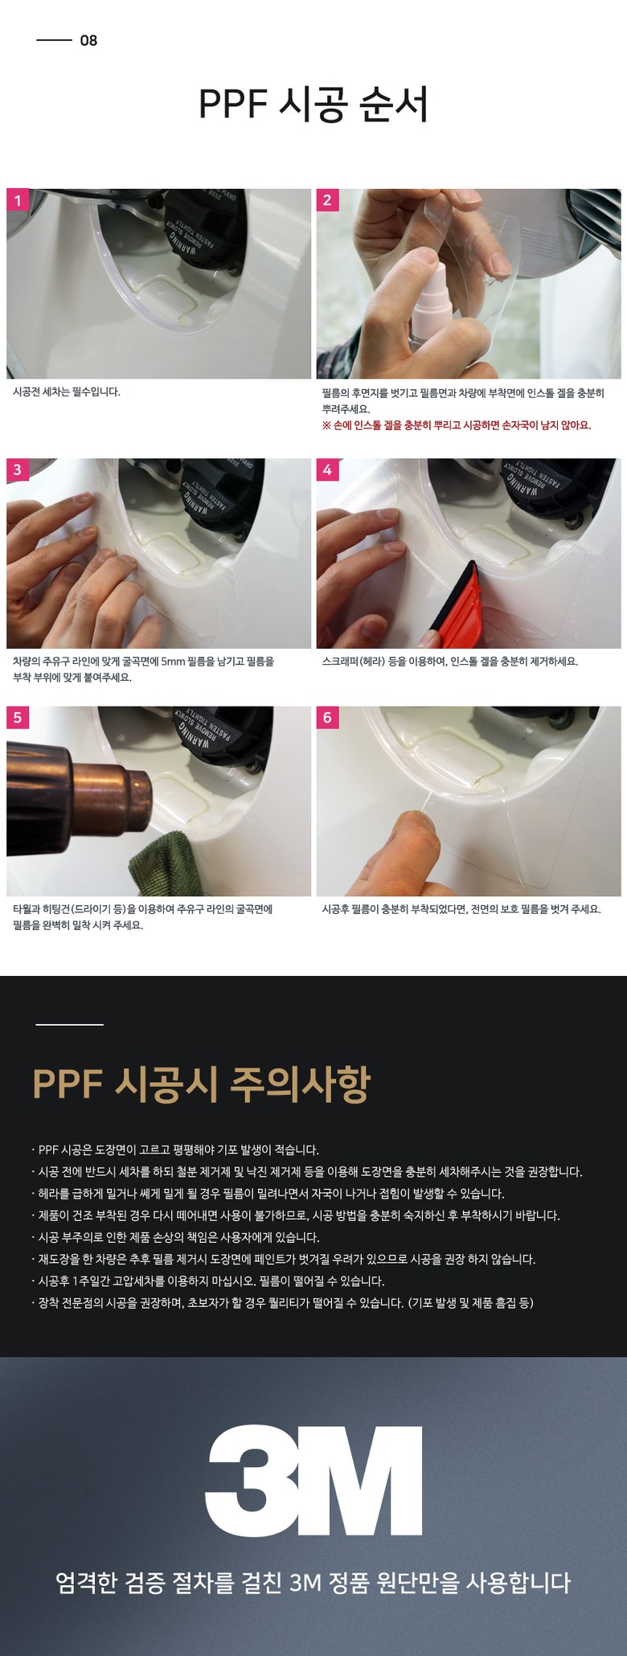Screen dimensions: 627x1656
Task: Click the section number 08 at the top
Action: pyautogui.click(x=88, y=41)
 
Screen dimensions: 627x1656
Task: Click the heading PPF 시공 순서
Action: pyautogui.click(x=313, y=105)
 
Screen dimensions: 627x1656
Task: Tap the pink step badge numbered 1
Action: pyautogui.click(x=18, y=200)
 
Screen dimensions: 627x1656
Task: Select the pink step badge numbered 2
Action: pyautogui.click(x=327, y=200)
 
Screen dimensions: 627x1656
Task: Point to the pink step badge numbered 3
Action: pyautogui.click(x=18, y=469)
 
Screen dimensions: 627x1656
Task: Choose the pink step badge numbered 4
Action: pyautogui.click(x=327, y=469)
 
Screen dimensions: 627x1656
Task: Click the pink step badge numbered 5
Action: pyautogui.click(x=18, y=717)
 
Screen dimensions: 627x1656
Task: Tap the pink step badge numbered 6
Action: pyautogui.click(x=327, y=717)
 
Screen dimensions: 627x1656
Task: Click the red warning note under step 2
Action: pyautogui.click(x=457, y=425)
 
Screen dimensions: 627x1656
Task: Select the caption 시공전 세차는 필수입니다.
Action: pyautogui.click(x=67, y=392)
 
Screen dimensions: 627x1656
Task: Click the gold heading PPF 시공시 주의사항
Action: pyautogui.click(x=202, y=1084)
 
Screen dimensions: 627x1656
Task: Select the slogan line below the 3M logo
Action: pyautogui.click(x=313, y=1584)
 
